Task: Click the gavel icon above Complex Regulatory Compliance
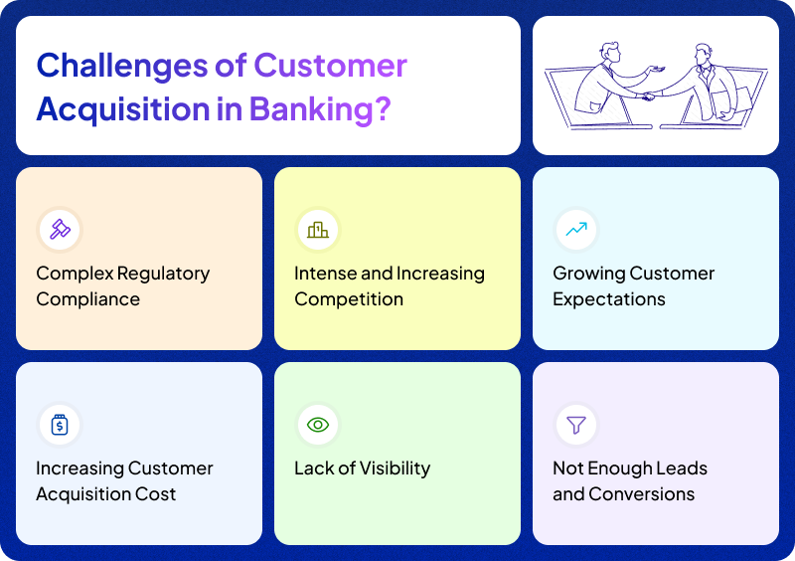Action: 59,230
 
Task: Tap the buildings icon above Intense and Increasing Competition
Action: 317,230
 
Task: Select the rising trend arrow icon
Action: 575,230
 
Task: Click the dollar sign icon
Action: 59,425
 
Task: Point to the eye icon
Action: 317,425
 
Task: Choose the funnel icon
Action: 575,425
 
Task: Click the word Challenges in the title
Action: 122,66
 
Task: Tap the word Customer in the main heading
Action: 330,66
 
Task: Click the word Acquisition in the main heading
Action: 122,107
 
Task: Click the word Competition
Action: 349,299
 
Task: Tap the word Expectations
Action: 609,299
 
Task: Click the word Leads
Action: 682,468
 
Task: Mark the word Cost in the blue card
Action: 158,494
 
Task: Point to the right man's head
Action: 703,53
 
